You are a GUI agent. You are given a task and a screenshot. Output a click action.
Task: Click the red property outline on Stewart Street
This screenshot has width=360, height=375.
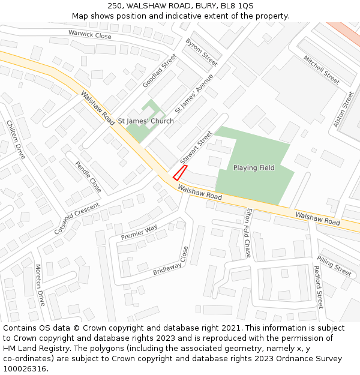180,173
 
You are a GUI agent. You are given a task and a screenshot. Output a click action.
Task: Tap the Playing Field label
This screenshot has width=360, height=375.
254,168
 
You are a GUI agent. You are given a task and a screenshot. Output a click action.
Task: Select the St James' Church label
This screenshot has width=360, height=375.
146,121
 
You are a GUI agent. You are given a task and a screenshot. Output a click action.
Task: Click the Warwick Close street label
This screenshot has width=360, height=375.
90,35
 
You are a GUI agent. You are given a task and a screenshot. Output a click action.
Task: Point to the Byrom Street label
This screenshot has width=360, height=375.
202,53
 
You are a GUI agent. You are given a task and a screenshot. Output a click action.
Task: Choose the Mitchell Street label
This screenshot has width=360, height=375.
322,70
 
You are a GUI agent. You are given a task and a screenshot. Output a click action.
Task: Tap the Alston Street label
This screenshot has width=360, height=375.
344,109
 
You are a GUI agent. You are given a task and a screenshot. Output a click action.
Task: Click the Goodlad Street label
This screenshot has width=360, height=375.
160,71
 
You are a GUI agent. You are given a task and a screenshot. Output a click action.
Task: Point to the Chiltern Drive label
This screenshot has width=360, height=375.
16,139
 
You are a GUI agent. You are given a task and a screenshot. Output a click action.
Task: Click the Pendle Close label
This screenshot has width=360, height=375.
88,177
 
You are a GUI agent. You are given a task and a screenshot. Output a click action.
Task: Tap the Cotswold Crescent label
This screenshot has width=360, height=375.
77,218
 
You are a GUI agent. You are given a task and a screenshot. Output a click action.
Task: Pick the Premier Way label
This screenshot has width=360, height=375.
139,232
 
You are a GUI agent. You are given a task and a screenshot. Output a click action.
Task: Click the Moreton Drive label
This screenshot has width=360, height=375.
40,284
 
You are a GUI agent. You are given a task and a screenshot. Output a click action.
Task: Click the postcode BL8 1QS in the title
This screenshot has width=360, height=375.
237,6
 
